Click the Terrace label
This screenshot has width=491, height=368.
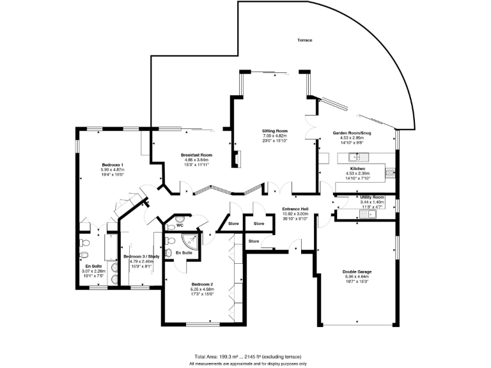click(x=304, y=40)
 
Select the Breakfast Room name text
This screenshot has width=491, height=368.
click(x=196, y=155)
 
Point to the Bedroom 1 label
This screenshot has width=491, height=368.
click(x=112, y=165)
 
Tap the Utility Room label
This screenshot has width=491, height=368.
click(x=371, y=197)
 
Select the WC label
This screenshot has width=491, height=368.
click(x=180, y=225)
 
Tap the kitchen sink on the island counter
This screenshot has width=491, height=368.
click(x=352, y=157)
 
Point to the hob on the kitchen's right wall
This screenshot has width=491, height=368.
click(x=389, y=171)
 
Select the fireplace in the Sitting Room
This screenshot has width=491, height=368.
click(x=235, y=158)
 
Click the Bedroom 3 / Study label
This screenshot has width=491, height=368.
click(x=139, y=256)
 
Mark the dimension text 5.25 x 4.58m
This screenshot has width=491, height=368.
click(x=202, y=289)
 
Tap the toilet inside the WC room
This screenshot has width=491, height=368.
click(x=169, y=226)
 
